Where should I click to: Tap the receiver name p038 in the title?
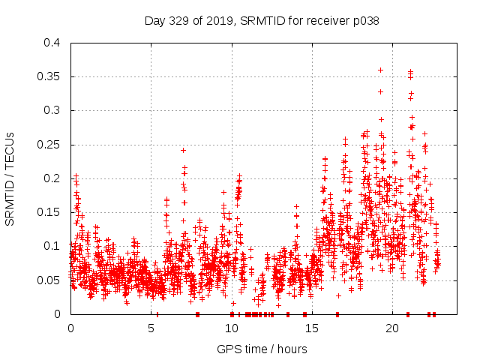pos(365,21)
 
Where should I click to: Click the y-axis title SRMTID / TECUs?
pos(10,178)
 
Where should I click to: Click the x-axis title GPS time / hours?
pos(261,349)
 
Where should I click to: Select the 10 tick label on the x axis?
pos(231,328)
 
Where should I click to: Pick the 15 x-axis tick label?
pos(311,328)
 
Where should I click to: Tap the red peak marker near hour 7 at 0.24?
pos(183,150)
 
